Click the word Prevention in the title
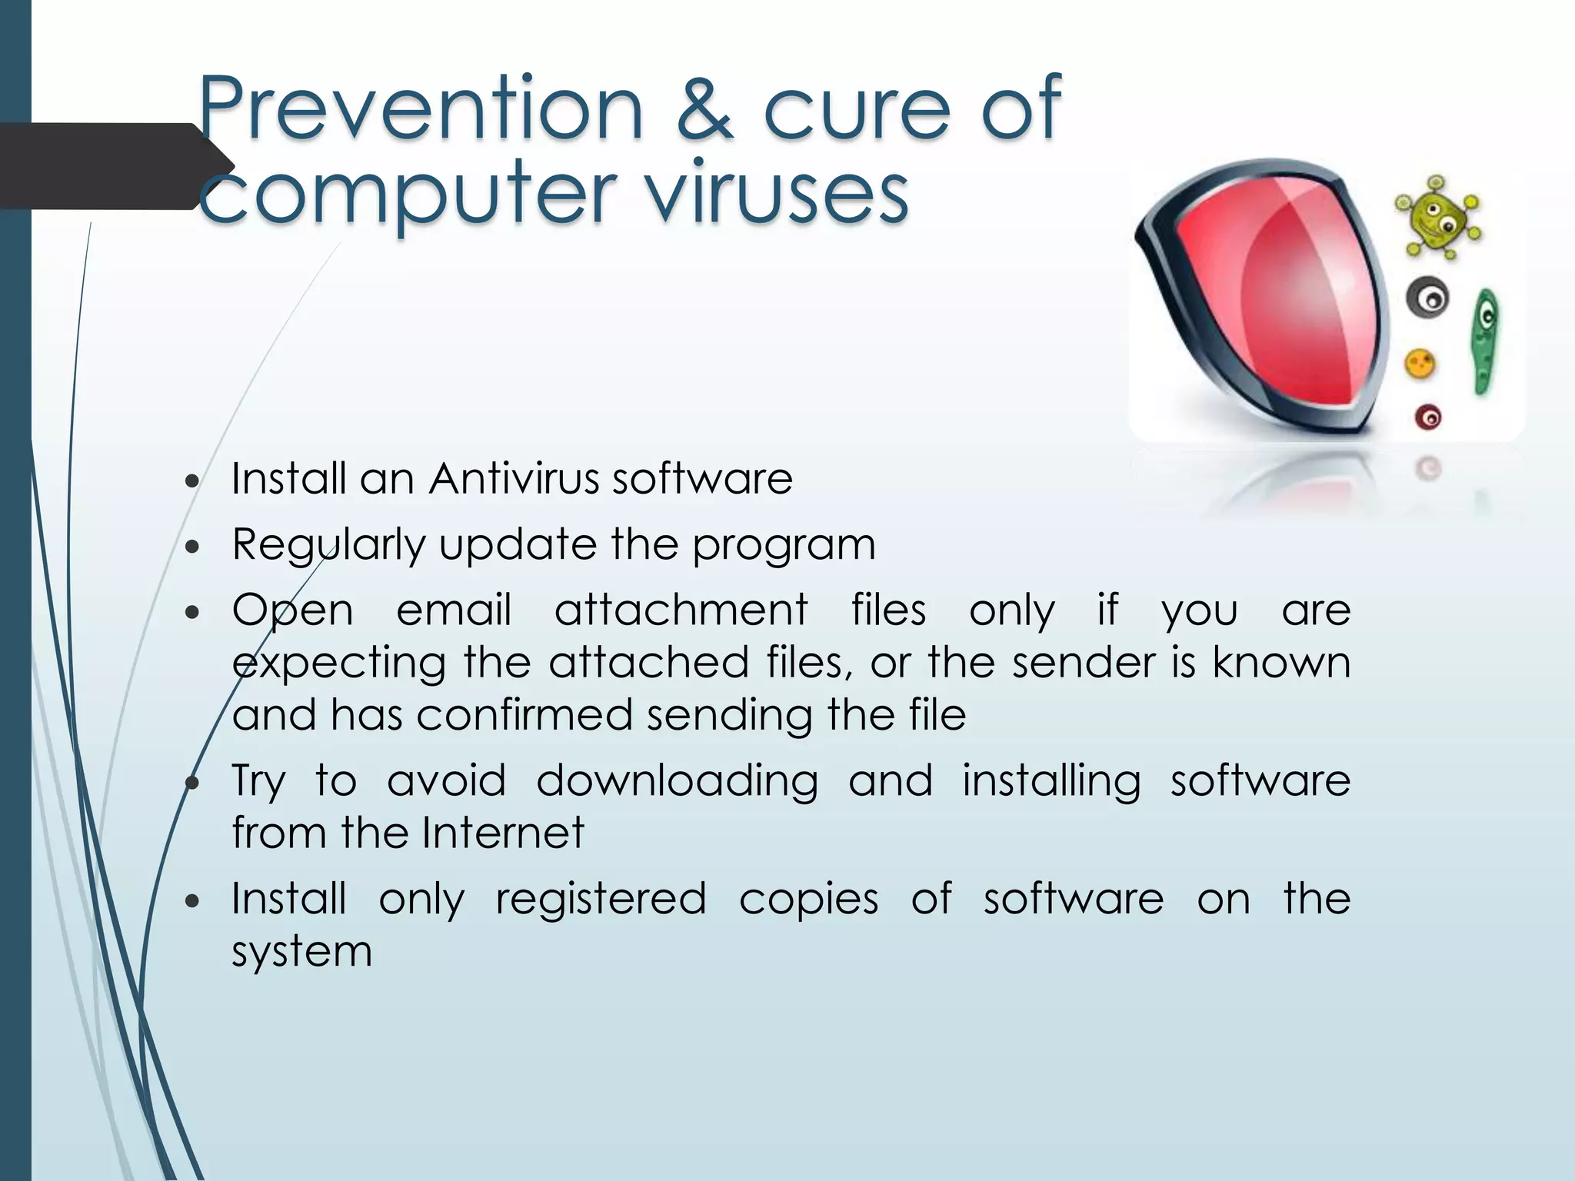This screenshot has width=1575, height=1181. (x=419, y=109)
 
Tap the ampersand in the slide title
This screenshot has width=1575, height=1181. (x=704, y=109)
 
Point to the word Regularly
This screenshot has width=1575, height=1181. (x=328, y=545)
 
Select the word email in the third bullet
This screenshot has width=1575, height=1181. (x=454, y=610)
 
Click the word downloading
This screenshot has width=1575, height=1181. (x=677, y=781)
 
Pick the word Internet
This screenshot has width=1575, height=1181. (x=503, y=833)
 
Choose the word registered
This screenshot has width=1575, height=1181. (x=601, y=900)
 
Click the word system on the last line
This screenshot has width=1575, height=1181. (x=302, y=953)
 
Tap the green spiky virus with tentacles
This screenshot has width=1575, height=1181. (x=1437, y=218)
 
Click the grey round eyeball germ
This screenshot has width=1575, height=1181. (x=1428, y=298)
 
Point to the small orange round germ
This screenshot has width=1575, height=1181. (x=1420, y=364)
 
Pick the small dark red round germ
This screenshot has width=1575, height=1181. (x=1428, y=418)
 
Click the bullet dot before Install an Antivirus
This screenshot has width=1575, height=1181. (x=192, y=482)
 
